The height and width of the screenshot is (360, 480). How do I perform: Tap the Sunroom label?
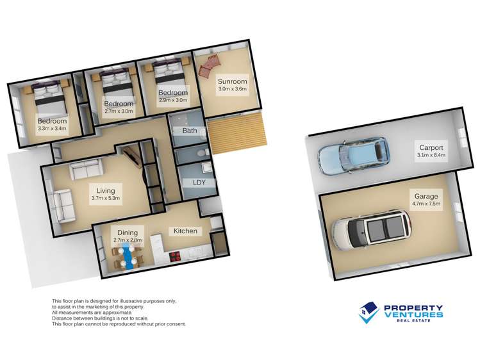231,81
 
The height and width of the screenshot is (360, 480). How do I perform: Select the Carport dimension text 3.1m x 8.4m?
431,156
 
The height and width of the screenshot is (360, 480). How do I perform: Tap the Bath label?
189,131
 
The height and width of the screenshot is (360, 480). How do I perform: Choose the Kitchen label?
184,231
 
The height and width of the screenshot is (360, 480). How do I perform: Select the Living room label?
105,190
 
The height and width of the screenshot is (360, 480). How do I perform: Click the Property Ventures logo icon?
368,313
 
